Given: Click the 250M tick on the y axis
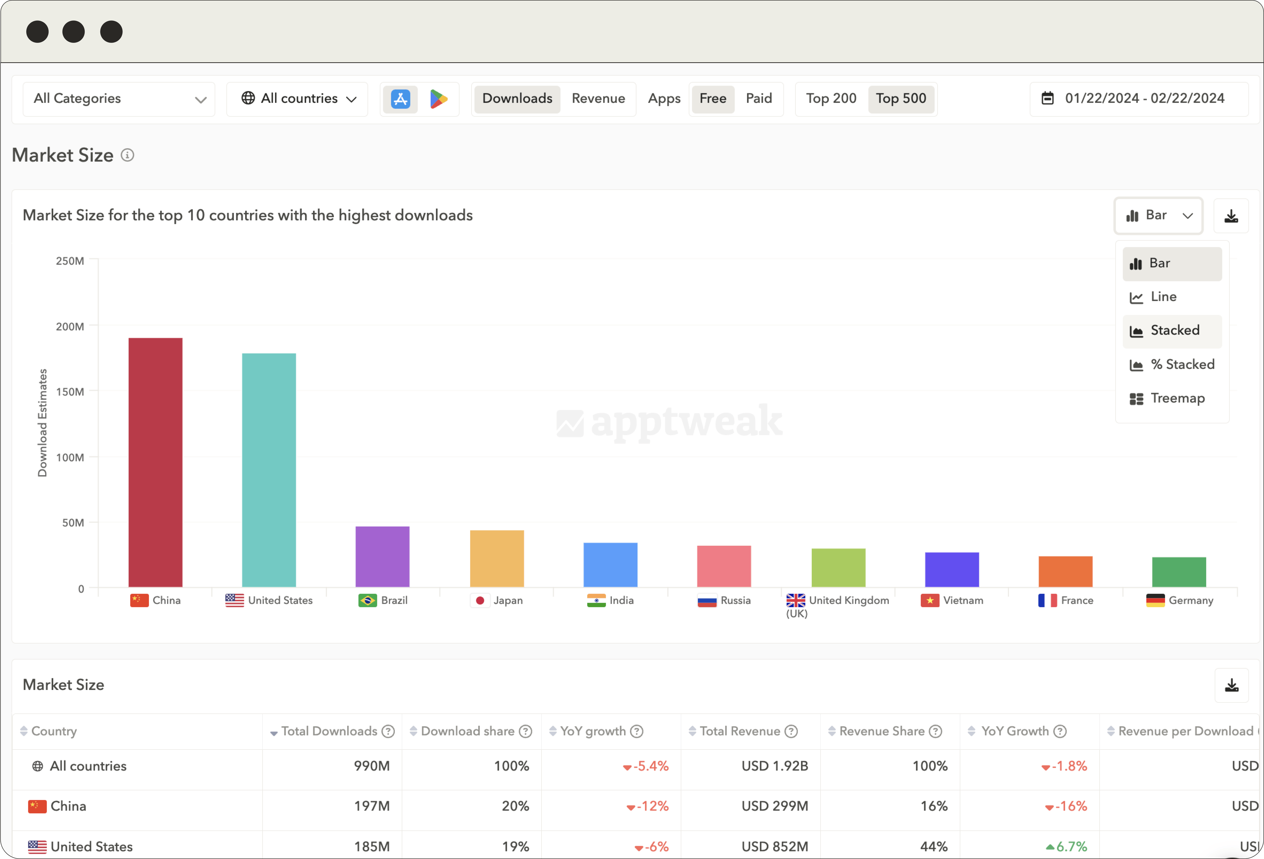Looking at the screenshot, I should coord(70,261).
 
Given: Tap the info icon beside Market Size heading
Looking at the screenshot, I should coord(127,155).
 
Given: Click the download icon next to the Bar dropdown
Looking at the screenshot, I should coord(1231,216).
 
